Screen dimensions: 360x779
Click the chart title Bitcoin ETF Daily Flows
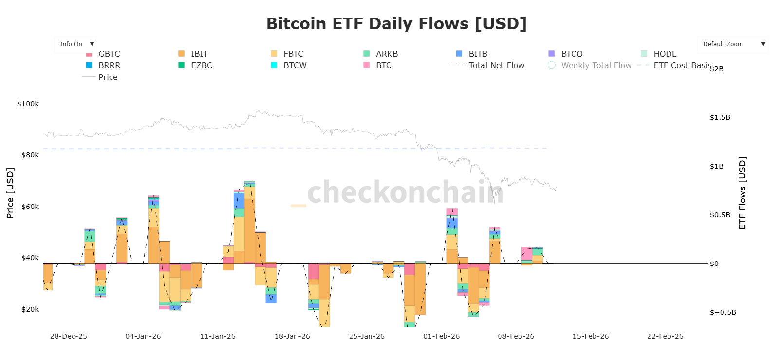(x=396, y=24)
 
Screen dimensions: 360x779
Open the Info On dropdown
(x=75, y=44)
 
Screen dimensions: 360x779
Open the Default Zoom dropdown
(x=732, y=44)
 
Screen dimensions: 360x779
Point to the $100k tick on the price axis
(x=28, y=104)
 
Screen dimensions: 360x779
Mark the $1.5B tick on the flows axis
(x=720, y=117)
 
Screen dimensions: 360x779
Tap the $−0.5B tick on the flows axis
(x=723, y=312)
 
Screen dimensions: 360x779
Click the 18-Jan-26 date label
(x=292, y=336)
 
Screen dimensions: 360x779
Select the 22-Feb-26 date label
(x=665, y=336)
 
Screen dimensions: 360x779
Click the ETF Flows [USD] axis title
(x=742, y=193)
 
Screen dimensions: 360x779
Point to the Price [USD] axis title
(x=10, y=193)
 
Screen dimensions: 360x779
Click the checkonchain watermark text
(x=405, y=191)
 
